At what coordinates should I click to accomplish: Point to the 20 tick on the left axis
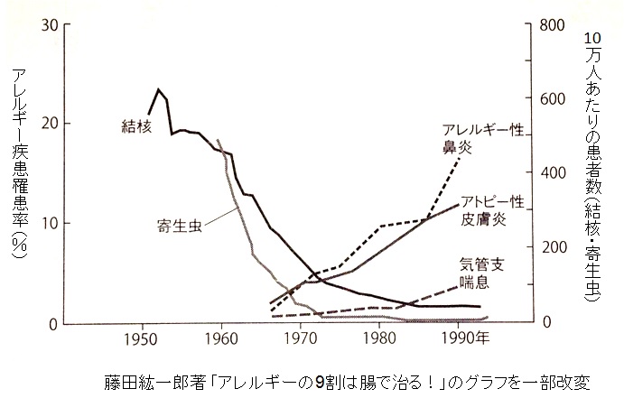point(51,124)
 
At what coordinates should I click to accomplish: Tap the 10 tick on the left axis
point(51,223)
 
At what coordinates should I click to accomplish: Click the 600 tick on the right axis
point(553,98)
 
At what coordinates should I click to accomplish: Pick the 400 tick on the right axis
point(553,173)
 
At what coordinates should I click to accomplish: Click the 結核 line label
point(136,126)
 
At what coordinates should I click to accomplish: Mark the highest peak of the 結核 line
point(158,89)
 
